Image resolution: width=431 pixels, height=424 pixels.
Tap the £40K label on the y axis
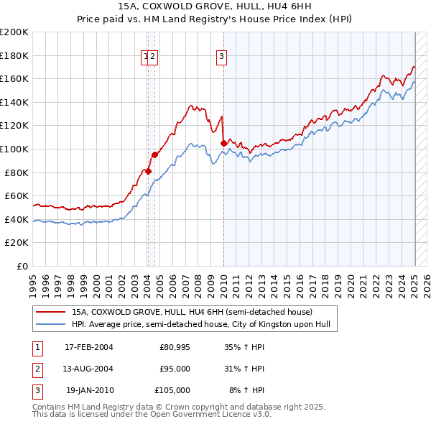[17, 219]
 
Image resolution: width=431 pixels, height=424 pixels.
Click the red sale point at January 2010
[223, 143]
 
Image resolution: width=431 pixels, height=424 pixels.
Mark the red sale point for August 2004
[154, 155]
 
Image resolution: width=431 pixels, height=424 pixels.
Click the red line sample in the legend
[50, 313]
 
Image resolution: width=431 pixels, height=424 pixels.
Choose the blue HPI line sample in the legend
[50, 325]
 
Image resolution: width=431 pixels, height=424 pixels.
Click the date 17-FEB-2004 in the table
[89, 348]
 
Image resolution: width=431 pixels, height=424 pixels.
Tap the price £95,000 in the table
[175, 369]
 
